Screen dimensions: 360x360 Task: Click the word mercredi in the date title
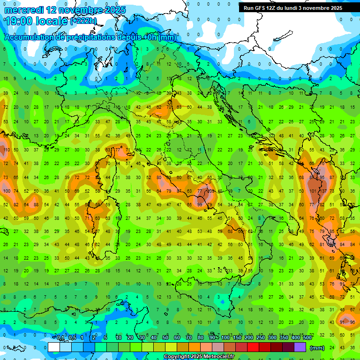pyautogui.click(x=23, y=10)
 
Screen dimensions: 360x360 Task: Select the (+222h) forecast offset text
pyautogui.click(x=83, y=21)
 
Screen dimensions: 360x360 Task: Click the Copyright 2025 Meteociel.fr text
pyautogui.click(x=199, y=357)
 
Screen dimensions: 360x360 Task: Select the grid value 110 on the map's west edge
pyautogui.click(x=6, y=150)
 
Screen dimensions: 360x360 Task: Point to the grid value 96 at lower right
pyautogui.click(x=352, y=322)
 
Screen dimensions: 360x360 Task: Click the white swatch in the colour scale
pyautogui.click(x=54, y=347)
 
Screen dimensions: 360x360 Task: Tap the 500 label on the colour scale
pyautogui.click(x=307, y=338)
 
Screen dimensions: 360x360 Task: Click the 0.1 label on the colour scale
pyautogui.click(x=60, y=338)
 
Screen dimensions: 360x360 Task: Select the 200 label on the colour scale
pyautogui.click(x=248, y=338)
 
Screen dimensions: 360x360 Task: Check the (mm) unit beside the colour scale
pyautogui.click(x=317, y=348)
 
